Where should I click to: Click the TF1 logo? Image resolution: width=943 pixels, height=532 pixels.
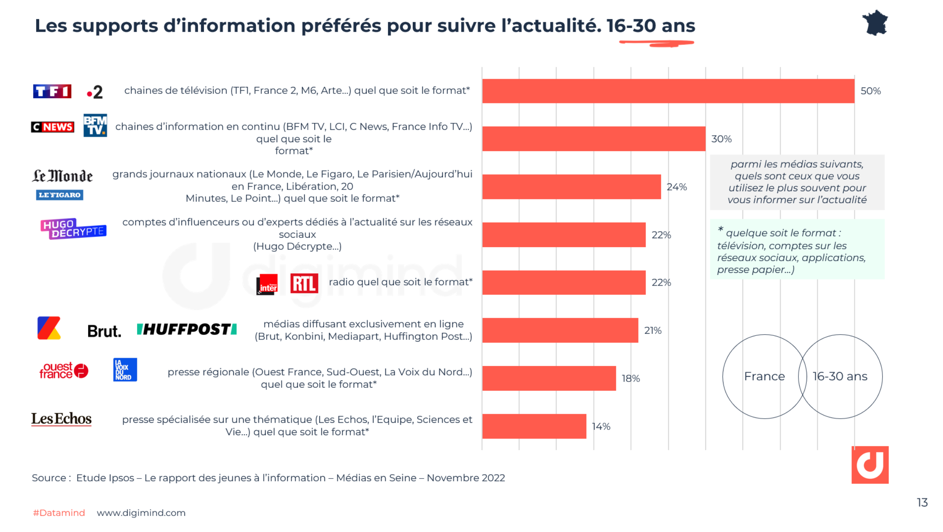coord(52,91)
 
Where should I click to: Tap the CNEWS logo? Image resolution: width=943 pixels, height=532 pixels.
coord(52,127)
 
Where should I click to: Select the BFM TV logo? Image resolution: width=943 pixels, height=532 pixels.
coord(95,125)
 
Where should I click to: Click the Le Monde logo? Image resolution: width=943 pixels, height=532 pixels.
coord(62,176)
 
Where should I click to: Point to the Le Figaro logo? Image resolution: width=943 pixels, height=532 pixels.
coord(60,195)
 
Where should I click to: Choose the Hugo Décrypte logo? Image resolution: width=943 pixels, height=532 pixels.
coord(73,229)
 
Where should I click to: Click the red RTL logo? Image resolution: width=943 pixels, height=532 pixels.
coord(304,284)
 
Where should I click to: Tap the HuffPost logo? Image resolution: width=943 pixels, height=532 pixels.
coord(187,330)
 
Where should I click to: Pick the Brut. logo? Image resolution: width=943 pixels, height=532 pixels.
coord(104,331)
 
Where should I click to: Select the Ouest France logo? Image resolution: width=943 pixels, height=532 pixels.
coord(63,370)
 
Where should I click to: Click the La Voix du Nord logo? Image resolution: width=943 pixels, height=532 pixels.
coord(125,370)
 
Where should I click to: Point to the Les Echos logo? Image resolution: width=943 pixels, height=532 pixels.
coord(61,419)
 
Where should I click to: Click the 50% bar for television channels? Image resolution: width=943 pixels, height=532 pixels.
coord(668,91)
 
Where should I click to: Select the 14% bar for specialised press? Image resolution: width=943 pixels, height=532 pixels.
coord(534,426)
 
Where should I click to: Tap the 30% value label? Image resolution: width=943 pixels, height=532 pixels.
coord(721,139)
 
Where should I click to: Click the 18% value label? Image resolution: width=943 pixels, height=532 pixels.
coord(631,379)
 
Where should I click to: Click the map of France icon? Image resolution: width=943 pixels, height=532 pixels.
coord(875,23)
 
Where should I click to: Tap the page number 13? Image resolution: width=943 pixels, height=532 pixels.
coord(922,503)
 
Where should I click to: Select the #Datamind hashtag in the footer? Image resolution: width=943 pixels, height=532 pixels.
coord(59,513)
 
